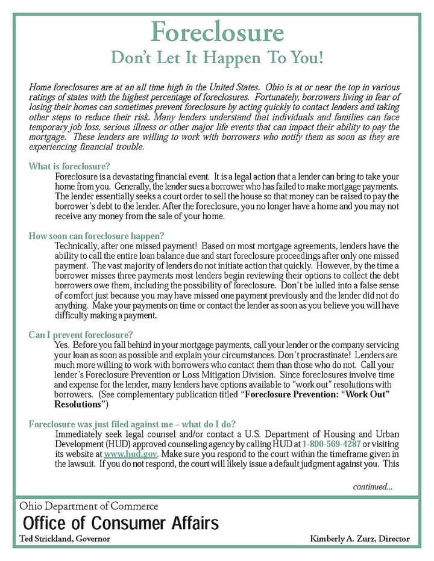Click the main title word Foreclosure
217,32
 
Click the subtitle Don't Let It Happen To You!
217,58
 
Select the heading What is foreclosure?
69,167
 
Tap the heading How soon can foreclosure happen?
96,236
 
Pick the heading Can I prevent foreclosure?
81,335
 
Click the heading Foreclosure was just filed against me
132,424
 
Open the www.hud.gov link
122,454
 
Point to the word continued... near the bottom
373,486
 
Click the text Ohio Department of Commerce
89,506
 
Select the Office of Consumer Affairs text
121,522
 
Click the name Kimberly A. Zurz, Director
359,539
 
